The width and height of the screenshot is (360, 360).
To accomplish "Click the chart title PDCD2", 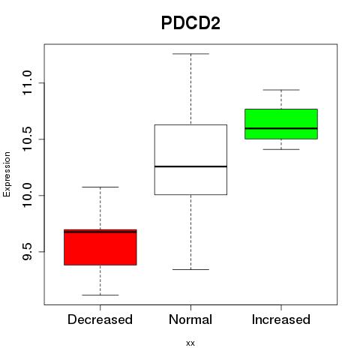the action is tap(190, 23).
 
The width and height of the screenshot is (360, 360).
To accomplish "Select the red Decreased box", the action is tap(100, 247).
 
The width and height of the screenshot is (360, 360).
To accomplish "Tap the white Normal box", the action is tap(190, 160).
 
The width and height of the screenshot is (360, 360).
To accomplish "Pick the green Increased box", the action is tap(281, 124).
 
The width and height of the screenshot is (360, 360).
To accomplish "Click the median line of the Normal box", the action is tap(190, 166).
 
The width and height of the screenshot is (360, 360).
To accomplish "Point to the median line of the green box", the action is tap(281, 128).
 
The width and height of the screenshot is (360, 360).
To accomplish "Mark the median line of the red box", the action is tap(100, 232).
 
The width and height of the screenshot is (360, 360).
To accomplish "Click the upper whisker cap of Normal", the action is tap(190, 54).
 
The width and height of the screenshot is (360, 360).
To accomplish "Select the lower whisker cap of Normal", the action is tap(190, 269).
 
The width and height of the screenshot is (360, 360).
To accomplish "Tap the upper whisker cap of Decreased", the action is tap(100, 187).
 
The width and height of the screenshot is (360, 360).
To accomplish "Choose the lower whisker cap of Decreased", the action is tap(100, 295).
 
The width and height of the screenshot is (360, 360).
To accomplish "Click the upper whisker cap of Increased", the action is tap(281, 90).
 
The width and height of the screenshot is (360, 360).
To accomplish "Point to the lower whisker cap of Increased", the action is tap(281, 149).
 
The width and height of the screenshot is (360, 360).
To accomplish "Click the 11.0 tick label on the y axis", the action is tap(27, 82).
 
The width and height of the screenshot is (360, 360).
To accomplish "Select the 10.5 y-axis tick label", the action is tap(27, 139).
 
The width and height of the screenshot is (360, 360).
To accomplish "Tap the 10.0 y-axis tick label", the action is tap(27, 195).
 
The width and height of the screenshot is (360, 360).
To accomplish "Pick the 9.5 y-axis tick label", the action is tap(27, 251).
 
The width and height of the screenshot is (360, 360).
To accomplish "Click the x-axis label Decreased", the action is tap(100, 319).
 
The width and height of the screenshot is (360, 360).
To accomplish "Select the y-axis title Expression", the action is tap(7, 174).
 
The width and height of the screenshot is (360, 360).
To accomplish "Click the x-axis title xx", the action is tap(190, 343).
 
